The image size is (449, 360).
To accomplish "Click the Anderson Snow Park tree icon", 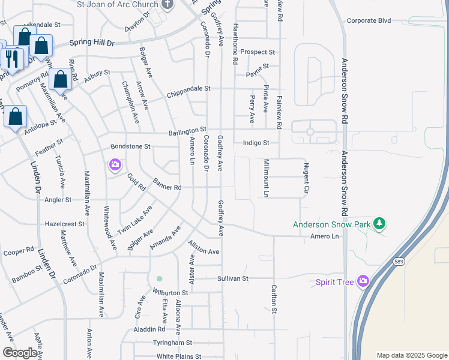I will click(x=379, y=224).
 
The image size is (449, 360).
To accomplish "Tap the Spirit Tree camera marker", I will click(x=363, y=281).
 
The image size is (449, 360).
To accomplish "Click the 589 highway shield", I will click(x=399, y=262).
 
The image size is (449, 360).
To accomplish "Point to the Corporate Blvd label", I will click(x=369, y=20).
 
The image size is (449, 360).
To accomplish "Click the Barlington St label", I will click(x=187, y=129).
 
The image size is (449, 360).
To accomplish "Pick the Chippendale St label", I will click(x=188, y=88).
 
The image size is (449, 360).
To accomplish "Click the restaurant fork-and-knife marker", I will click(x=11, y=58).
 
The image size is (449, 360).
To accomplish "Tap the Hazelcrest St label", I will click(x=65, y=224).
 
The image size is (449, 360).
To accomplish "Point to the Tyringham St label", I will click(x=172, y=343).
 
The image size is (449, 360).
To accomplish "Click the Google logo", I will click(x=20, y=353).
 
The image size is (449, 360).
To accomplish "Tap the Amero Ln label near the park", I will click(x=325, y=236).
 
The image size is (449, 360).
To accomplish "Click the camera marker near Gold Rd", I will click(x=115, y=164).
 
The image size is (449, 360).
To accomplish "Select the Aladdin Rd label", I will click(x=149, y=329).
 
